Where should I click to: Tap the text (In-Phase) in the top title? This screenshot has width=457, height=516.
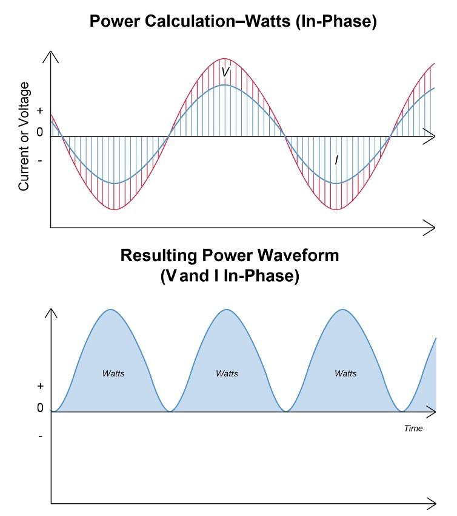click(341, 22)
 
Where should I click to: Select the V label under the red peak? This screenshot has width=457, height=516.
click(225, 72)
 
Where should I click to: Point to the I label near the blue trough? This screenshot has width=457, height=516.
click(336, 160)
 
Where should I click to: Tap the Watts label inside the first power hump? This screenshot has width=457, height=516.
click(113, 373)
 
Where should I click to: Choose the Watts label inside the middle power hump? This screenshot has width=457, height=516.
click(227, 373)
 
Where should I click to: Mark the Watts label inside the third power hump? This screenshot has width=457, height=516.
click(345, 373)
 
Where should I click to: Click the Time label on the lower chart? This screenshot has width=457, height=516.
click(413, 428)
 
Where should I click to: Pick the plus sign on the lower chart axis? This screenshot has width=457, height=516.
click(40, 386)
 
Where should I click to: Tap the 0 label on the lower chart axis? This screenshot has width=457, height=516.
click(40, 408)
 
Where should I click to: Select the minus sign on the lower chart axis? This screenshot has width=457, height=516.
click(40, 436)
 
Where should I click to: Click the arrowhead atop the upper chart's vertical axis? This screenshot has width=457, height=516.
click(51, 56)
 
